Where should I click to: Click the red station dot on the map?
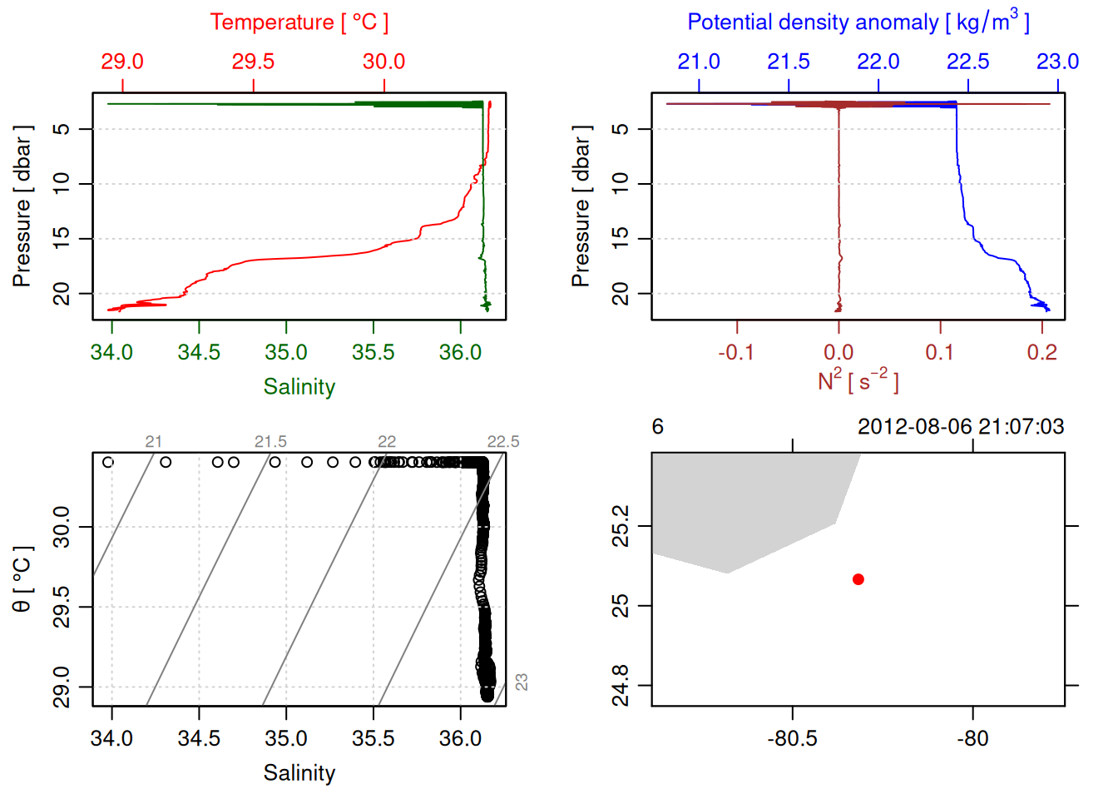pyautogui.click(x=858, y=579)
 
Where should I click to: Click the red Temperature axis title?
pyautogui.click(x=299, y=22)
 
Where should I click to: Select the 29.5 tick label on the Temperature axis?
pyautogui.click(x=253, y=62)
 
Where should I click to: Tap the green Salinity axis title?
pyautogui.click(x=299, y=387)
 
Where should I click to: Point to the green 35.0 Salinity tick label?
pyautogui.click(x=286, y=352)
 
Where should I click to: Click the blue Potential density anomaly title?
pyautogui.click(x=858, y=22)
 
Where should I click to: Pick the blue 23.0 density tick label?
pyautogui.click(x=1057, y=62)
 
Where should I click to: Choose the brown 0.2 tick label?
pyautogui.click(x=1041, y=352)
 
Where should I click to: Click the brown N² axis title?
pyautogui.click(x=858, y=381)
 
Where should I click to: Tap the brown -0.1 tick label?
pyautogui.click(x=736, y=352)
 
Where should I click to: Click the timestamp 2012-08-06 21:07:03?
pyautogui.click(x=961, y=427)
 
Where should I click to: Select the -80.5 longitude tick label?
pyautogui.click(x=792, y=738)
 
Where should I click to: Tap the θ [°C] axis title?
pyautogui.click(x=22, y=579)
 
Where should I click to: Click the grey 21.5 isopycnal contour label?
pyautogui.click(x=270, y=442)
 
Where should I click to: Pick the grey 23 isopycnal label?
pyautogui.click(x=522, y=682)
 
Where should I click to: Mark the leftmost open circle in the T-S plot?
pyautogui.click(x=107, y=462)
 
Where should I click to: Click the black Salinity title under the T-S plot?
pyautogui.click(x=299, y=773)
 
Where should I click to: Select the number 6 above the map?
pyautogui.click(x=657, y=427)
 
